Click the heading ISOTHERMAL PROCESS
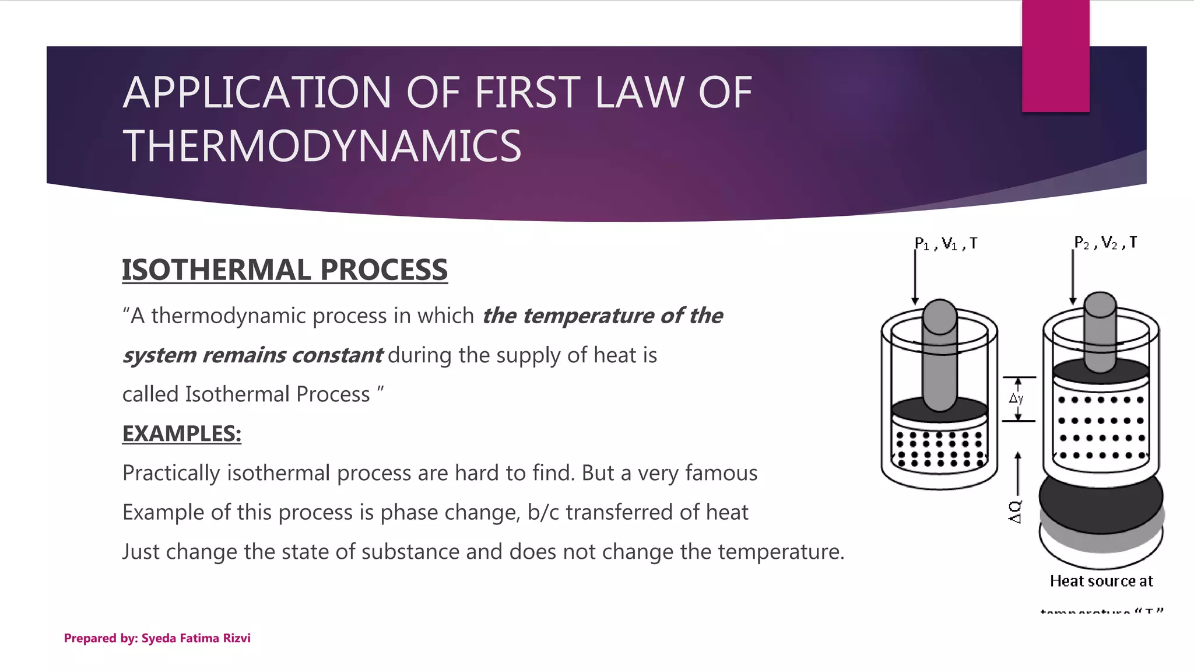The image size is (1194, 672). (285, 270)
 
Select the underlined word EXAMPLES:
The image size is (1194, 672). (181, 434)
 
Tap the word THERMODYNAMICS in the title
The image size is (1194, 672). (322, 146)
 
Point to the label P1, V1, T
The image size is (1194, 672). (946, 244)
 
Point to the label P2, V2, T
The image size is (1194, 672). (1105, 243)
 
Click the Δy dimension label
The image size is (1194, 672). (1016, 399)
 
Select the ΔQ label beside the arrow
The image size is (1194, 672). (1015, 512)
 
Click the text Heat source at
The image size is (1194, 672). (1101, 581)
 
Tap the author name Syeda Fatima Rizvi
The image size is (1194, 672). (196, 638)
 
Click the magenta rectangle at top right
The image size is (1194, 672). (1055, 56)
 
